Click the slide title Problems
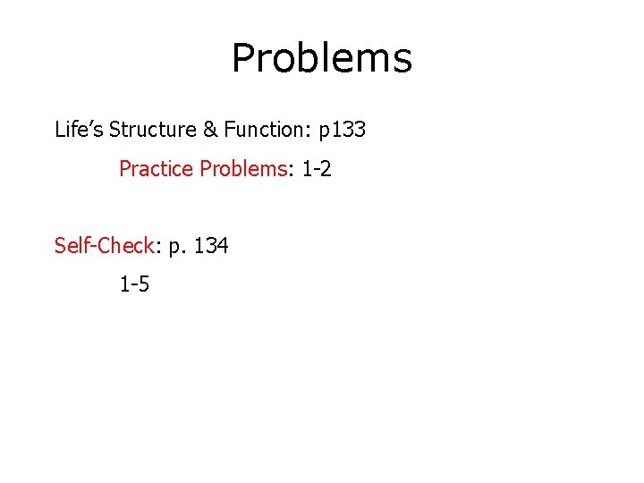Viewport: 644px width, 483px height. [x=321, y=59]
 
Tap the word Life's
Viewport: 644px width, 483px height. [x=79, y=130]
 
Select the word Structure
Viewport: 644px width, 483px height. [x=152, y=130]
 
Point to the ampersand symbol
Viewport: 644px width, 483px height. [x=210, y=130]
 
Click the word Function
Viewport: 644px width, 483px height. [x=264, y=130]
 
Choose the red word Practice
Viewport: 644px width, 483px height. [x=157, y=169]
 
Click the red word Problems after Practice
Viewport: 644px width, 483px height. [x=241, y=169]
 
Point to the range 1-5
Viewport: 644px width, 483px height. [x=134, y=285]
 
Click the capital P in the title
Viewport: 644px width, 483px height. [x=244, y=59]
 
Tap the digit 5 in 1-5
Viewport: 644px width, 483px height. [x=144, y=285]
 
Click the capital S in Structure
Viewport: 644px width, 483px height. [x=114, y=130]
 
